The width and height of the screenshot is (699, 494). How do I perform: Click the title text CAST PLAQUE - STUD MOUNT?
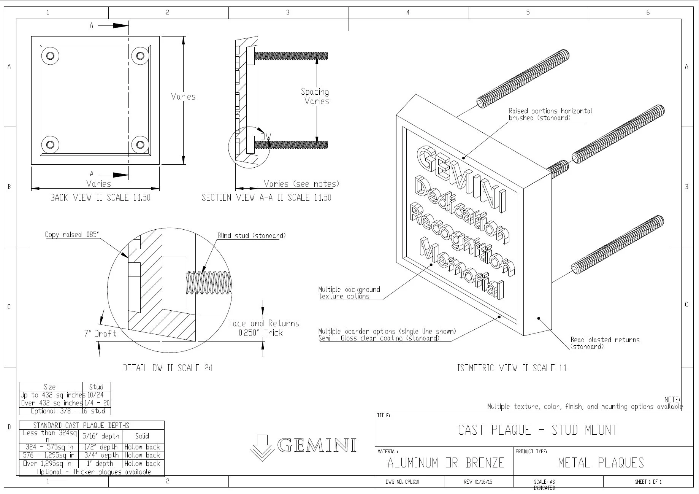(x=537, y=430)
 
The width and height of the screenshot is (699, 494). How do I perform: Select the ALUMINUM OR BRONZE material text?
(x=445, y=463)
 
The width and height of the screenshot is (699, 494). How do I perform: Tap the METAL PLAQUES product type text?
(x=601, y=463)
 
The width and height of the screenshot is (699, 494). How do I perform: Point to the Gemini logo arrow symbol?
(x=262, y=448)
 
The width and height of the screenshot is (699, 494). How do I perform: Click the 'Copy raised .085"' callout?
(x=72, y=235)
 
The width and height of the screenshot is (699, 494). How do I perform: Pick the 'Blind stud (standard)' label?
(x=251, y=236)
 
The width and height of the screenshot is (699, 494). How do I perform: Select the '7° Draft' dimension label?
(x=100, y=334)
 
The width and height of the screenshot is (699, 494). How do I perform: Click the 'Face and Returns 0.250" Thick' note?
(x=263, y=328)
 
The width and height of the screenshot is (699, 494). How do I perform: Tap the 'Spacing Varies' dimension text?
(x=315, y=96)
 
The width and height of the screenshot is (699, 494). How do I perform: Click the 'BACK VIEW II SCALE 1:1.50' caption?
(x=100, y=197)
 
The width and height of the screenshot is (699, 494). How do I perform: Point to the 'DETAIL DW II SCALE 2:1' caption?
(x=168, y=368)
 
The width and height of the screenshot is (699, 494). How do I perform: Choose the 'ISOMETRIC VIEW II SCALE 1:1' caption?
(x=511, y=368)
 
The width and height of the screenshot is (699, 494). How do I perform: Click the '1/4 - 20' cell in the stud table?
(x=97, y=403)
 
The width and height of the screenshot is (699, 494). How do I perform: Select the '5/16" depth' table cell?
(x=101, y=436)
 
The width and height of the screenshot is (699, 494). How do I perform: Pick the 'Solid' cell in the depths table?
(x=142, y=436)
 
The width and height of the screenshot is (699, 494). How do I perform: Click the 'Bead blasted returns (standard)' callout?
(x=604, y=343)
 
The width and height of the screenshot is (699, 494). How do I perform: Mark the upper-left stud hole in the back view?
(x=50, y=56)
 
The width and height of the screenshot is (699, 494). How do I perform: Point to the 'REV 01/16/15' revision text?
(x=478, y=482)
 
